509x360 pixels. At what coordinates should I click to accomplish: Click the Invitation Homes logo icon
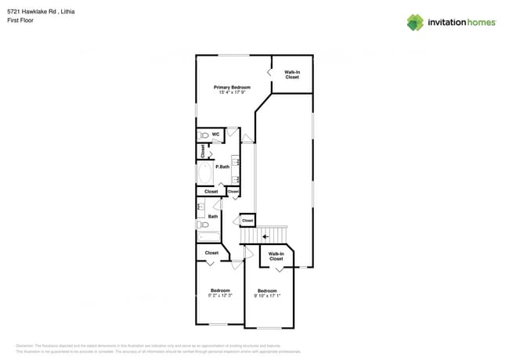pyautogui.click(x=415, y=22)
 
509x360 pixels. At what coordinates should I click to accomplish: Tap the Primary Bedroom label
pyautogui.click(x=232, y=87)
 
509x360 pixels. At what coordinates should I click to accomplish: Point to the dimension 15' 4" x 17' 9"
pyautogui.click(x=232, y=92)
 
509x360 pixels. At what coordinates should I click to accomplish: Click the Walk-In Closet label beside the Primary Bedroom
pyautogui.click(x=292, y=75)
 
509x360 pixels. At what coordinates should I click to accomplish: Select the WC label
pyautogui.click(x=215, y=134)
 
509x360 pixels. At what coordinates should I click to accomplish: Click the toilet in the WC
pyautogui.click(x=204, y=135)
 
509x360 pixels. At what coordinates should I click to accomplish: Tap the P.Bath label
pyautogui.click(x=222, y=167)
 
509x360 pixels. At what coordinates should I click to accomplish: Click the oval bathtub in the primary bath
pyautogui.click(x=205, y=172)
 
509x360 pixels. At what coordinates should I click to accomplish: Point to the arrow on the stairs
pyautogui.click(x=265, y=235)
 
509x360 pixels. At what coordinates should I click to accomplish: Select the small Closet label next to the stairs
pyautogui.click(x=247, y=221)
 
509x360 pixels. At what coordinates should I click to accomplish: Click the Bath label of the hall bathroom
pyautogui.click(x=212, y=216)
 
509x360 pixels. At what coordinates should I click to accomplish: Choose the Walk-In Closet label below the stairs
pyautogui.click(x=276, y=256)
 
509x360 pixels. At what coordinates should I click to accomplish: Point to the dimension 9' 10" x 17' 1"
pyautogui.click(x=268, y=296)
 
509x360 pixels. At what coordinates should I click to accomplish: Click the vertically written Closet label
pyautogui.click(x=202, y=150)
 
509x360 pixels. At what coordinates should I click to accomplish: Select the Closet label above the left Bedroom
pyautogui.click(x=211, y=253)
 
